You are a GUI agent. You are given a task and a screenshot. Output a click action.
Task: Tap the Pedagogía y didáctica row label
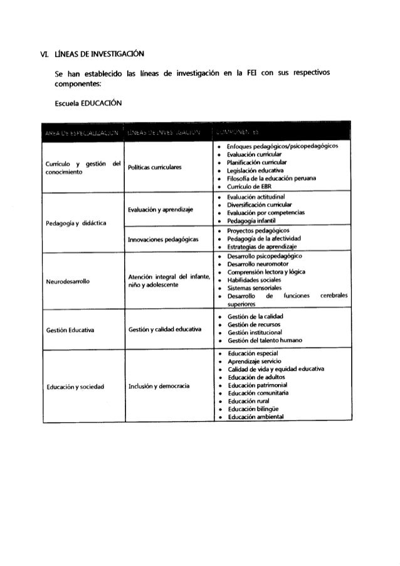(x=73, y=223)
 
